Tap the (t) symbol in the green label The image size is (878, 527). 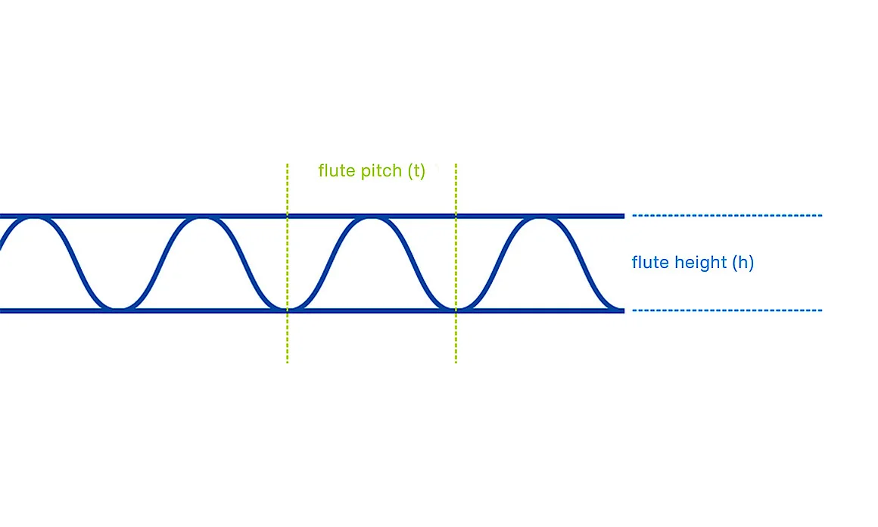(416, 171)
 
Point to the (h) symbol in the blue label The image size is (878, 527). (743, 262)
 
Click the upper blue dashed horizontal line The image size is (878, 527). (727, 215)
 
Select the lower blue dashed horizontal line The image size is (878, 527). (727, 310)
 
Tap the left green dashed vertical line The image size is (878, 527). (288, 263)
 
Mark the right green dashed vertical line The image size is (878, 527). (456, 263)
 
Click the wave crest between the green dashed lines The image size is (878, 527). (372, 219)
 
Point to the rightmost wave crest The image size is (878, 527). (540, 219)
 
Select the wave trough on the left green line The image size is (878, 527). (288, 307)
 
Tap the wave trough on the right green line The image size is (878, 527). (456, 307)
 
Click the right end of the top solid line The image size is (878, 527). (624, 216)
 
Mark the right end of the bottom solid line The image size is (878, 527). (624, 310)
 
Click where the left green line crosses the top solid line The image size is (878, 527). (288, 216)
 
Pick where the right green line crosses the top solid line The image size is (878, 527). (456, 216)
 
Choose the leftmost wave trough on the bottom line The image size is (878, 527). (119, 307)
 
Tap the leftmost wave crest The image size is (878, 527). (34, 219)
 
